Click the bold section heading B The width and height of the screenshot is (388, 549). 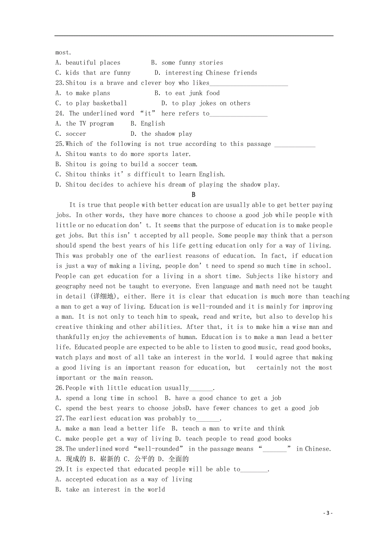coord(194,195)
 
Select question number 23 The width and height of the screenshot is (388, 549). coord(59,83)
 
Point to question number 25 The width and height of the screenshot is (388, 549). coord(59,144)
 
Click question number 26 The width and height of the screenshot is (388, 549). coord(59,388)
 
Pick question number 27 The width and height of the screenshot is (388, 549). coord(59,418)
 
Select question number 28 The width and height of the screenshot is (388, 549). coord(59,449)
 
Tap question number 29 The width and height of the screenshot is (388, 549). coord(59,469)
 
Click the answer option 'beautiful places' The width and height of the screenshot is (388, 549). coord(93,63)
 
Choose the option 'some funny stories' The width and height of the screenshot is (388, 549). coord(192,63)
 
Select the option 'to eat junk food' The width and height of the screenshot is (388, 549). coord(192,93)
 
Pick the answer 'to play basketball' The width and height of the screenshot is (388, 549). coord(96,103)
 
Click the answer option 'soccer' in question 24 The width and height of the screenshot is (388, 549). coord(76,134)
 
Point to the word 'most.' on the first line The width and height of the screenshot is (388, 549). coord(63,53)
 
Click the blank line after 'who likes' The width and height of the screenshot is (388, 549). coord(249,83)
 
